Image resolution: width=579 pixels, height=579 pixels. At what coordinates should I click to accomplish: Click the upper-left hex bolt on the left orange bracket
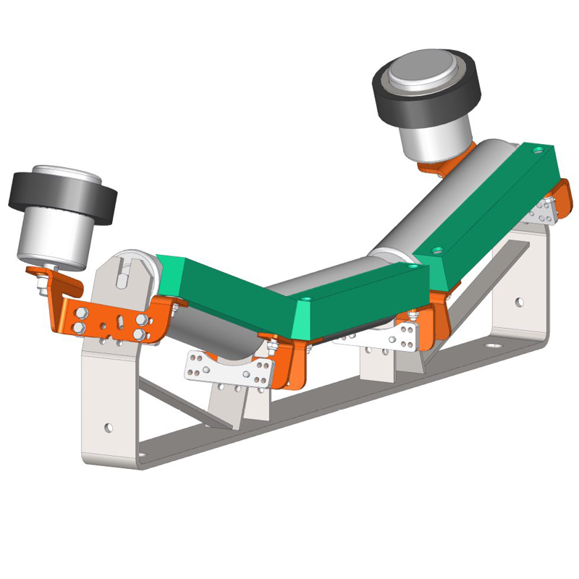click(81, 313)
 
